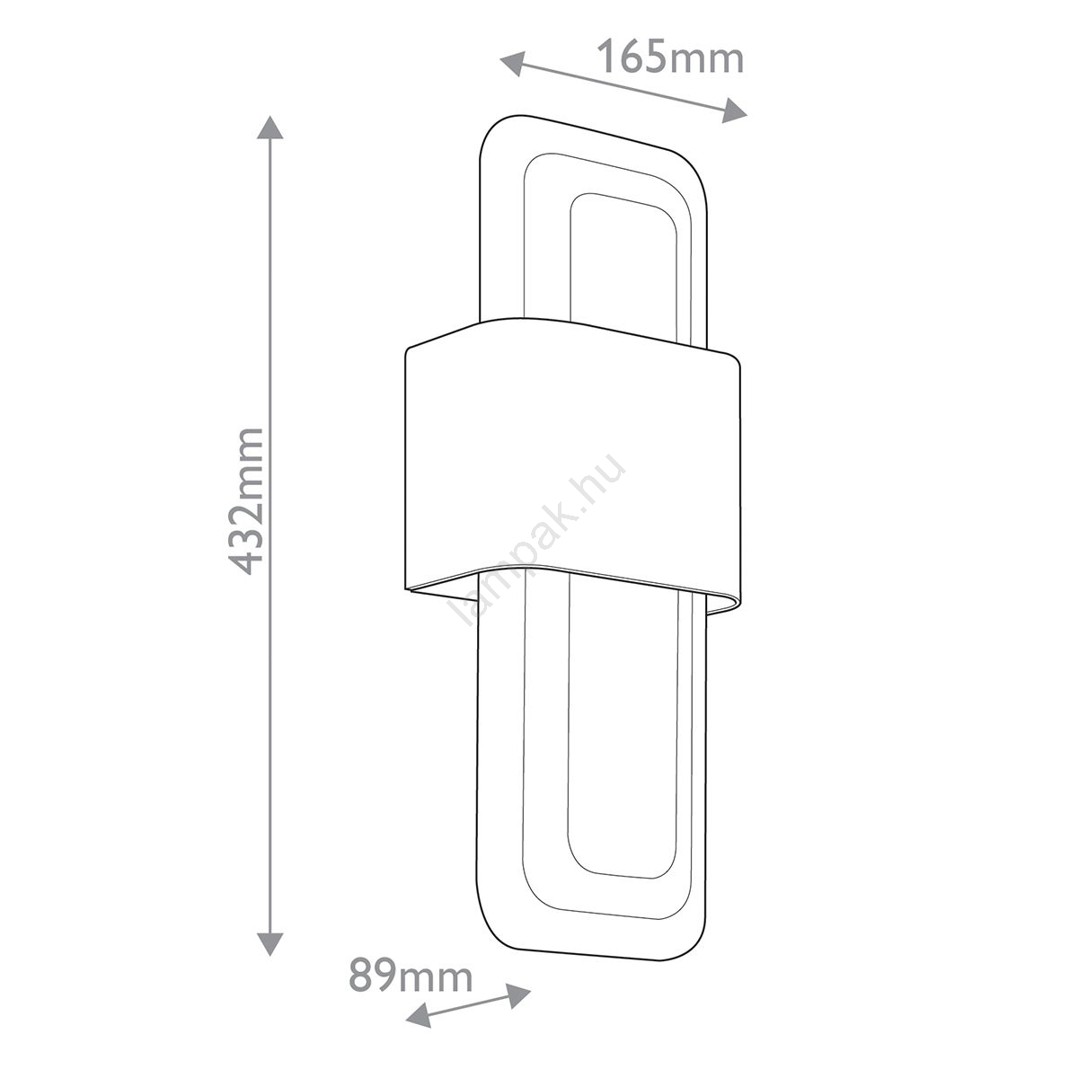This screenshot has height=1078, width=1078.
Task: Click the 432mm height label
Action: (245, 500)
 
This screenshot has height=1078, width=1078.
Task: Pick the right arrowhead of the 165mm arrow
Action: (735, 110)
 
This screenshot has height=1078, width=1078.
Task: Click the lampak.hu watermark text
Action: (541, 540)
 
